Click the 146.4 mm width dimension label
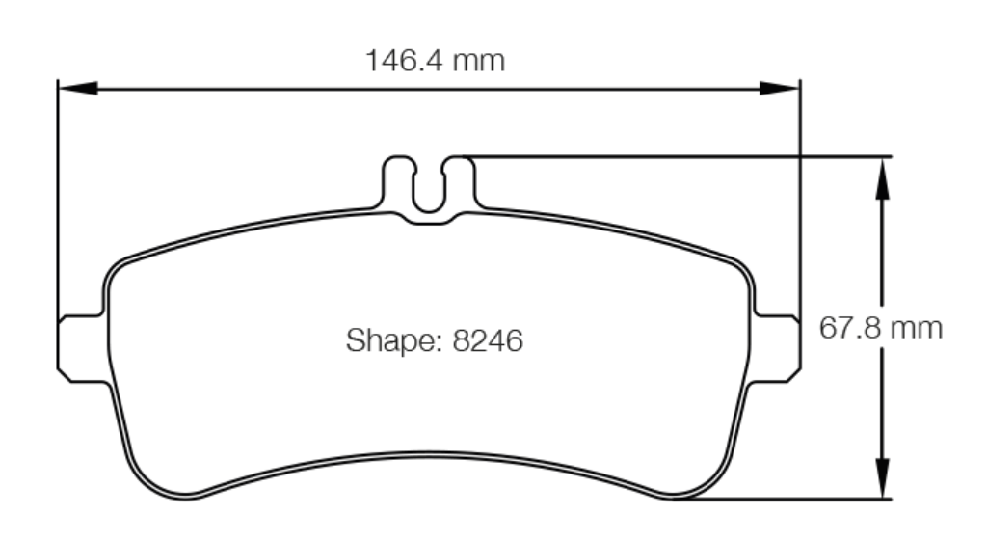tap(435, 61)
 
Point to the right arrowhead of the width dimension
tap(783, 88)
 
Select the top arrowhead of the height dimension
tap(880, 175)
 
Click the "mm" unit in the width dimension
tap(479, 61)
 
